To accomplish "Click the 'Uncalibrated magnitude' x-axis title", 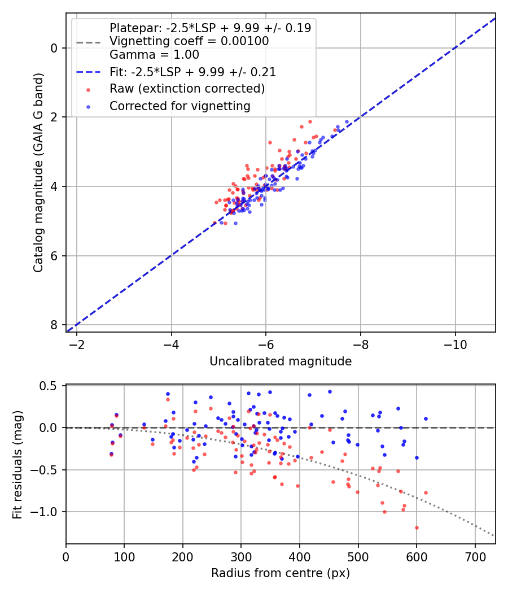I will (281, 361).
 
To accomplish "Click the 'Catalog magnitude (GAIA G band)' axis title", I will (38, 184).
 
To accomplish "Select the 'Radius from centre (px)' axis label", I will (281, 573).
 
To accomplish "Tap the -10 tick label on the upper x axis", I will (455, 345).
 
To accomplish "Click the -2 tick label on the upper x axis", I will (77, 345).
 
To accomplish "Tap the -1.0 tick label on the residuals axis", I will (47, 512).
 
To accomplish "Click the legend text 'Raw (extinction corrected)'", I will (187, 89).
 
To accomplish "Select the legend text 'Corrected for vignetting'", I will (179, 106).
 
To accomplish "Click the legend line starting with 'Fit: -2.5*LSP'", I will (192, 72).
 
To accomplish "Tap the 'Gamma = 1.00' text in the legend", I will (154, 55).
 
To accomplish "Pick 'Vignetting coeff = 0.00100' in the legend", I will (189, 41).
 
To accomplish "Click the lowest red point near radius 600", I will (417, 527).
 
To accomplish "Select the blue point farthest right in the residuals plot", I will (426, 418).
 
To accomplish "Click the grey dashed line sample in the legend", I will (89, 42).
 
